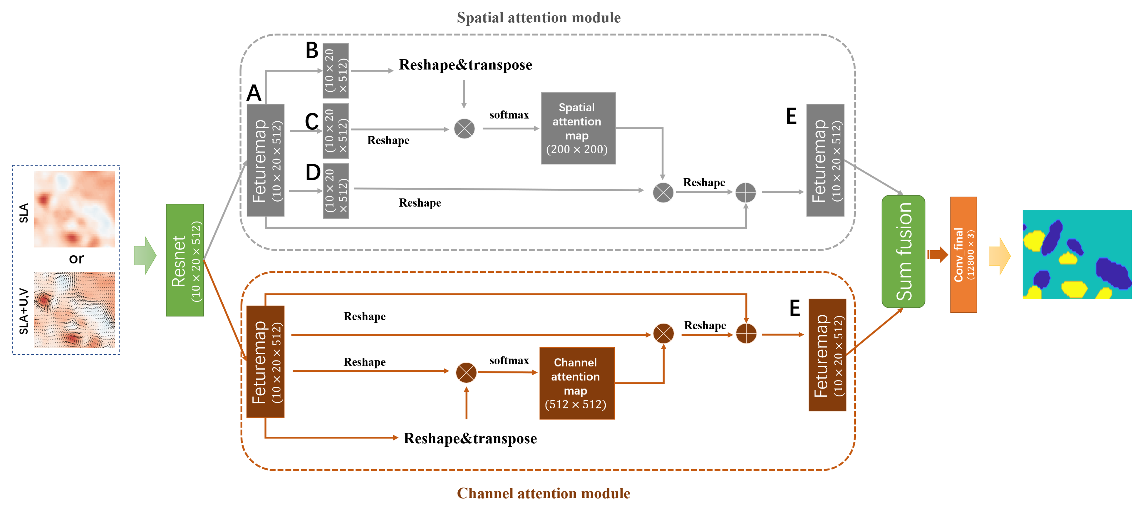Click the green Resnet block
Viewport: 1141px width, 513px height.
(185, 260)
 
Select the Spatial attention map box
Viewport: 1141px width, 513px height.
(578, 128)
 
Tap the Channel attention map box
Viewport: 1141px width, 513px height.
(577, 383)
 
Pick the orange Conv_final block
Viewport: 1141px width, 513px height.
(963, 255)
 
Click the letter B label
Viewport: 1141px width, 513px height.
(312, 51)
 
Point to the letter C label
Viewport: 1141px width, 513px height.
(312, 121)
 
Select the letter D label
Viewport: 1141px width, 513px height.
(313, 172)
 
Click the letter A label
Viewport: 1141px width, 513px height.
(254, 93)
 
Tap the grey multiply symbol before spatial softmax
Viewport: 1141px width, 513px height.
(464, 129)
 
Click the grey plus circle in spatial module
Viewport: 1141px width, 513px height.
(745, 193)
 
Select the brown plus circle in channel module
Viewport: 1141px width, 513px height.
(746, 333)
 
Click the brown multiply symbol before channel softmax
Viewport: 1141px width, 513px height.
(466, 372)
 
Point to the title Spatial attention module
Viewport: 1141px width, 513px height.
(539, 18)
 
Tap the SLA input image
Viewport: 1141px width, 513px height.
(74, 209)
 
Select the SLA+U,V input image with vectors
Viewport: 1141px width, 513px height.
(74, 310)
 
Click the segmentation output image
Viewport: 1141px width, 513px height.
(1077, 255)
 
